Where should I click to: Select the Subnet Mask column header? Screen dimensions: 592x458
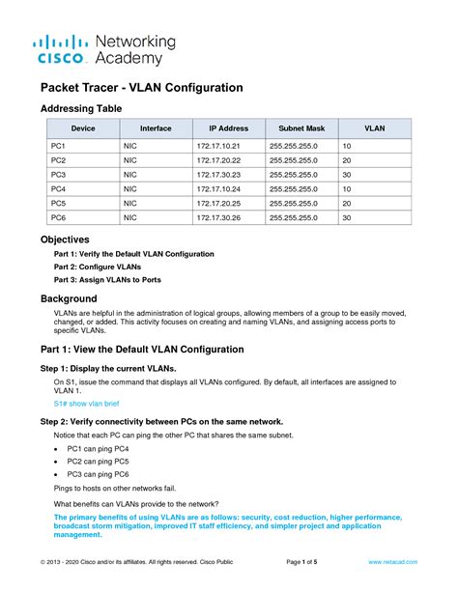click(x=302, y=128)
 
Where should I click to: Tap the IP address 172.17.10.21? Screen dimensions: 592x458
click(x=217, y=145)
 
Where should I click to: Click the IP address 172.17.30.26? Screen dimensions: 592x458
click(x=217, y=219)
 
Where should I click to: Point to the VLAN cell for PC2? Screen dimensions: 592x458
click(x=347, y=159)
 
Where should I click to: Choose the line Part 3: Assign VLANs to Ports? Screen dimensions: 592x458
click(x=107, y=279)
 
